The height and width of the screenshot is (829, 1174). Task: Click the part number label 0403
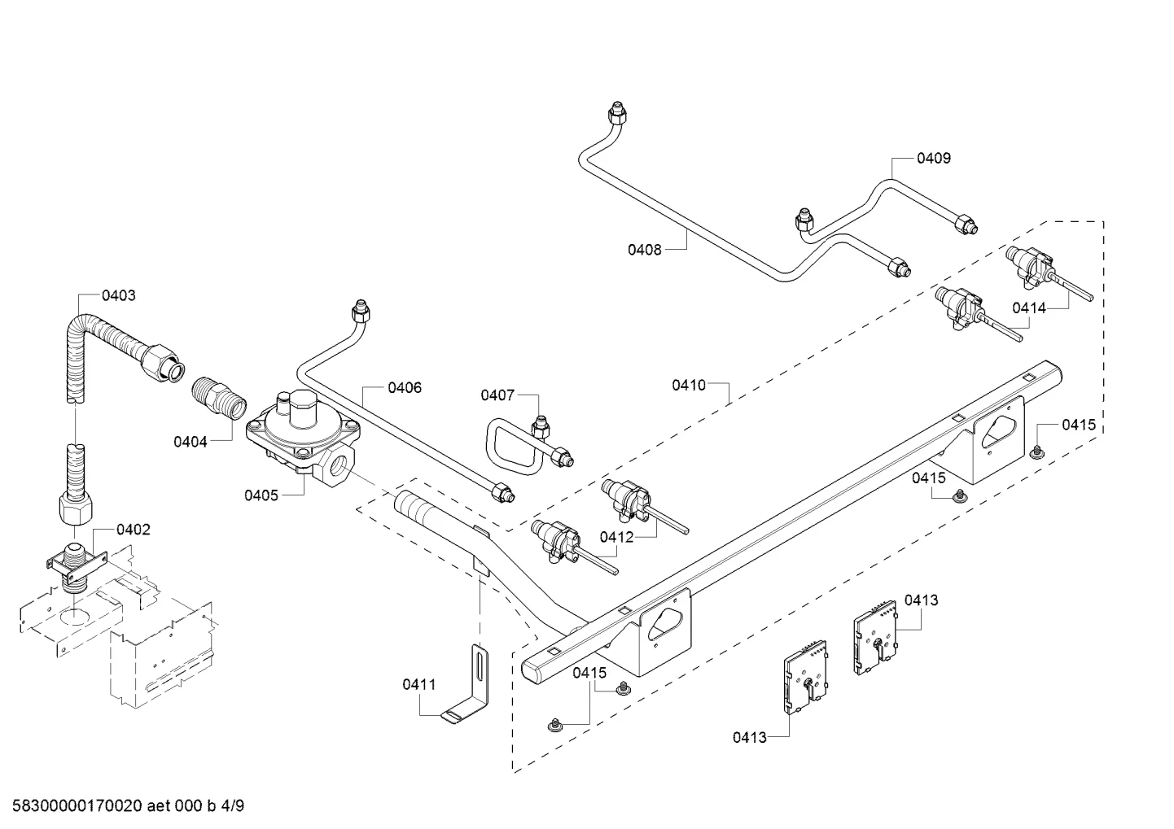coord(118,295)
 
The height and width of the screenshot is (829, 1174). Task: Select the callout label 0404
coord(191,442)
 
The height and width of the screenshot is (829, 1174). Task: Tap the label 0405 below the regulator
coord(261,495)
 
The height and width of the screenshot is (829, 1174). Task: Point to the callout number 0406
coord(405,387)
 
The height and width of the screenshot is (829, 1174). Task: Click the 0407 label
coord(497,395)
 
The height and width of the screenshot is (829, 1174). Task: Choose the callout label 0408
coord(645,250)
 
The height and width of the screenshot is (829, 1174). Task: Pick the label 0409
coord(934,158)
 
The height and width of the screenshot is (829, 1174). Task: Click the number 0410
coord(689,386)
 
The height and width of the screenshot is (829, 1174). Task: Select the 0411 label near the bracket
coord(419,684)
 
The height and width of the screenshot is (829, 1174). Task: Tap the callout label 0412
coord(616,537)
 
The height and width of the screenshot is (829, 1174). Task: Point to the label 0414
coord(1029,308)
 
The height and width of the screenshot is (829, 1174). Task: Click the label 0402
coord(134,530)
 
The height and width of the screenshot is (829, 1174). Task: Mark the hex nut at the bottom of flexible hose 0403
coord(78,508)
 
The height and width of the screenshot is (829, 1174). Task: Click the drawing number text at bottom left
coord(128,805)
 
